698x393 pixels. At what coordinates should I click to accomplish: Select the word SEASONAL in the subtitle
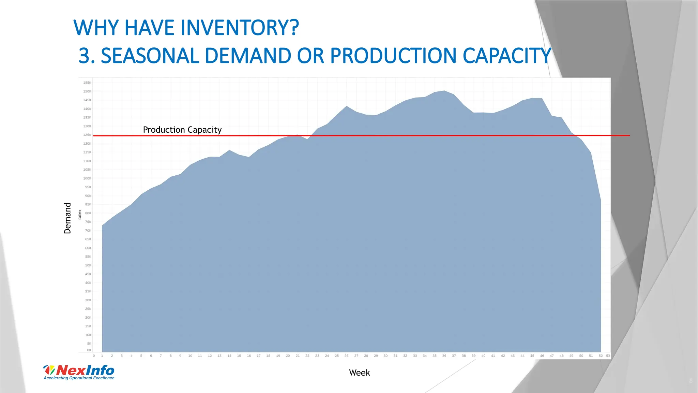pos(150,56)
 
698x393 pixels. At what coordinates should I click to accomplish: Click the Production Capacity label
pos(182,130)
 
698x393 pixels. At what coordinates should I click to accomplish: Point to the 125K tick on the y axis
pos(87,135)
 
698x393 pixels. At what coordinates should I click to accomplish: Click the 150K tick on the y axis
pos(87,91)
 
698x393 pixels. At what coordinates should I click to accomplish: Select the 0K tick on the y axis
pos(89,350)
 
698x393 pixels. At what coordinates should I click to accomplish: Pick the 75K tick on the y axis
pos(88,222)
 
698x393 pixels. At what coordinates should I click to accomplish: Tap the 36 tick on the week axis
pos(444,356)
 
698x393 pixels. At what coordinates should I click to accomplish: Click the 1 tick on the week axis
pos(102,356)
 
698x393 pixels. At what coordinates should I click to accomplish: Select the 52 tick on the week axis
pos(601,356)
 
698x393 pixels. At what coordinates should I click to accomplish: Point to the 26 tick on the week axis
pos(346,356)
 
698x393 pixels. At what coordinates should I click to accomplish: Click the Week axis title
pos(359,373)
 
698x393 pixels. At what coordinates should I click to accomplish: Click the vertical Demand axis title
pos(67,218)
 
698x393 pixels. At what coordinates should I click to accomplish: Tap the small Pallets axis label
pos(80,215)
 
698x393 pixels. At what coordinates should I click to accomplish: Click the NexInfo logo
pos(79,370)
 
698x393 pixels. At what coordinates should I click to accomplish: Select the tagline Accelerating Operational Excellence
pos(79,378)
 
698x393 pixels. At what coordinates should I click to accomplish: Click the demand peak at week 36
pos(444,91)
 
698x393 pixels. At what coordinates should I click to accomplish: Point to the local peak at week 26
pos(346,106)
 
